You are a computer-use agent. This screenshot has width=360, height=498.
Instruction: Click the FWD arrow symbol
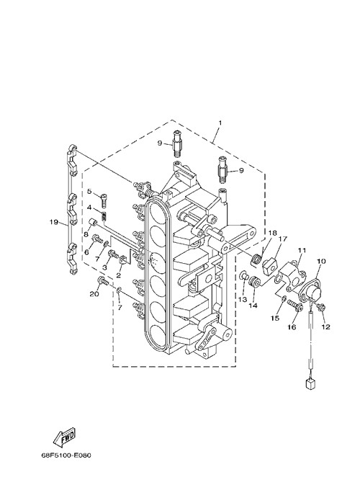(x=64, y=437)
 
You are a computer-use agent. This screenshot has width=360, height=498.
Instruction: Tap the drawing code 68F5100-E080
(x=66, y=455)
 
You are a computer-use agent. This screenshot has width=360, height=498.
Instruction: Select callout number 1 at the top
(x=220, y=123)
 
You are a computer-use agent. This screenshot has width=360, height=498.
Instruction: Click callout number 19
(x=54, y=222)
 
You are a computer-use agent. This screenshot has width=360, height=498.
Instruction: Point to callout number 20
(x=94, y=294)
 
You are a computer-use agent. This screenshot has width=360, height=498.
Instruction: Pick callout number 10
(x=321, y=261)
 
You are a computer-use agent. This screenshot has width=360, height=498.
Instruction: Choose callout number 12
(x=325, y=326)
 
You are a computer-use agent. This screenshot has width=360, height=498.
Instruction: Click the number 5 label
(x=89, y=192)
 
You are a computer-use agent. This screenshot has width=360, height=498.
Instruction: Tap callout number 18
(x=272, y=233)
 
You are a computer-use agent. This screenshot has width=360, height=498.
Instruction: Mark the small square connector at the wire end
(x=310, y=383)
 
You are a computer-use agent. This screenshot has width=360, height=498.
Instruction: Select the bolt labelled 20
(x=104, y=280)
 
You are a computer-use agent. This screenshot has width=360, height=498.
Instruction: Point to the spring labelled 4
(x=104, y=217)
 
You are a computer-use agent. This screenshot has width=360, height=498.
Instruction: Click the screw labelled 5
(x=104, y=200)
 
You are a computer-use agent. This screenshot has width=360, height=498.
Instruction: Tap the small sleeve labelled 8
(x=94, y=222)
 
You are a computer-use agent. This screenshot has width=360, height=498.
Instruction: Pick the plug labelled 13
(x=244, y=275)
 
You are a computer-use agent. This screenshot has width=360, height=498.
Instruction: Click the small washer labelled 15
(x=284, y=298)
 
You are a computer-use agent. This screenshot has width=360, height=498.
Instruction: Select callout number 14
(x=253, y=306)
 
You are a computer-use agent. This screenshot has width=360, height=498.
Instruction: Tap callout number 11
(x=302, y=250)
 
